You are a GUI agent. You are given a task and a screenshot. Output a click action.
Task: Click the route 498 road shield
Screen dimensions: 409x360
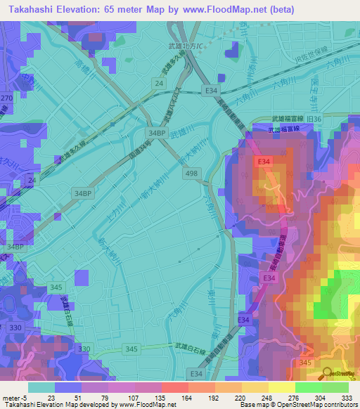pos(189,173)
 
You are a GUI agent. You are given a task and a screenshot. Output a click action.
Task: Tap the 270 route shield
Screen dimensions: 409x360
pos(6,99)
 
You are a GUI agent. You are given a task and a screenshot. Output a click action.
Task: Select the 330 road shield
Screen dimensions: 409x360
pos(84,349)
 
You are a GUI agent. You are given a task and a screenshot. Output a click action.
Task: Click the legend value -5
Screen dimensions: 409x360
pos(28,397)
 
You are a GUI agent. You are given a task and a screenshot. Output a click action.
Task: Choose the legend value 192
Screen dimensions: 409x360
pos(212,397)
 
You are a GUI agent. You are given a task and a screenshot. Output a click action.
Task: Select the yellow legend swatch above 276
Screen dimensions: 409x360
pos(283,387)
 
